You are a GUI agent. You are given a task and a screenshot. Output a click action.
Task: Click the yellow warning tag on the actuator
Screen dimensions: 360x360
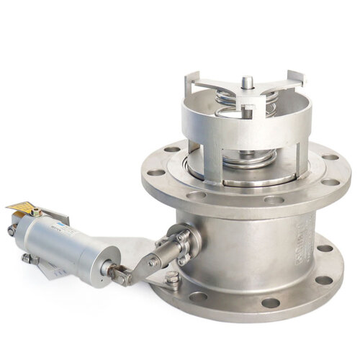click(21, 208)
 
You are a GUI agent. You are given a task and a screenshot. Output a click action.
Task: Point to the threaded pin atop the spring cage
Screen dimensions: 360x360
click(247, 82)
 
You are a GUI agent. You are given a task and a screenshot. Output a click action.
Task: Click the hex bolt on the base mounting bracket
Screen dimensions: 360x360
click(173, 277)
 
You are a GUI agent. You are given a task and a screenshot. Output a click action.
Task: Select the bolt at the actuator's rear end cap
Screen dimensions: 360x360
click(12, 230)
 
